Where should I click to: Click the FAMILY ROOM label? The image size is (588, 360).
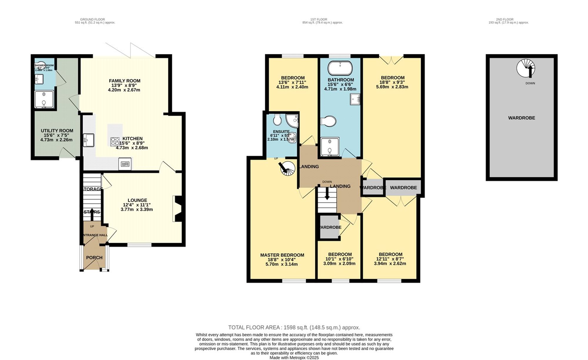[124, 81]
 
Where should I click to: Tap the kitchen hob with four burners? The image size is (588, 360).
[115, 142]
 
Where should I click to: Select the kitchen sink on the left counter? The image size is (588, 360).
[88, 140]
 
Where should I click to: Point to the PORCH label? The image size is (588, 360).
[94, 258]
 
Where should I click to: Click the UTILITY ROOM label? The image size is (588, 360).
[57, 131]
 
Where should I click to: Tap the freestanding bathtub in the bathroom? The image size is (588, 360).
[340, 68]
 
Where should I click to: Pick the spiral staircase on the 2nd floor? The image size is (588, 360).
[526, 68]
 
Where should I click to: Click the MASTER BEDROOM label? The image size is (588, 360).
[282, 255]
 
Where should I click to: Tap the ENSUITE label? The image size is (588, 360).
[281, 131]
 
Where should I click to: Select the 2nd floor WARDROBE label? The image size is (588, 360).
[521, 118]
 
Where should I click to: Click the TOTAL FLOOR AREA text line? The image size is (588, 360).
[294, 327]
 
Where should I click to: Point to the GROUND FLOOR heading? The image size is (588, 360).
[92, 19]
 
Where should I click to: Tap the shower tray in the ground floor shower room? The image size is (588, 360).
[44, 99]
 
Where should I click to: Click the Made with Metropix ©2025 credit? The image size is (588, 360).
[294, 358]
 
